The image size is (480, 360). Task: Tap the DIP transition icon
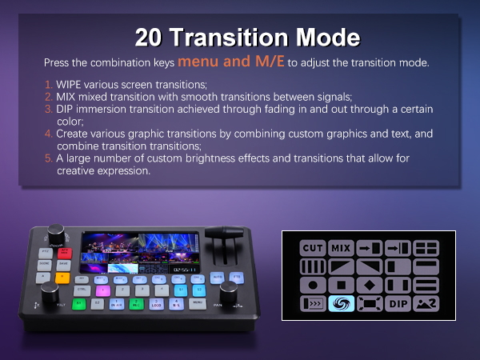397,304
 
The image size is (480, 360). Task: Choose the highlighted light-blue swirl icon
341,304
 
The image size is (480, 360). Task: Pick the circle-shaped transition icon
312,285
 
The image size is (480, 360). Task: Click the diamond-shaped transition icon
369,285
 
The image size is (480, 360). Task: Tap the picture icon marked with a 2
425,304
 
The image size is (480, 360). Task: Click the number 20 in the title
151,38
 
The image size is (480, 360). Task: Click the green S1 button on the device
79,303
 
